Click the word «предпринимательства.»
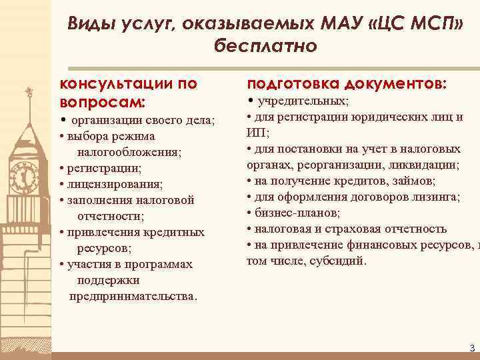(x=133, y=296)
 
